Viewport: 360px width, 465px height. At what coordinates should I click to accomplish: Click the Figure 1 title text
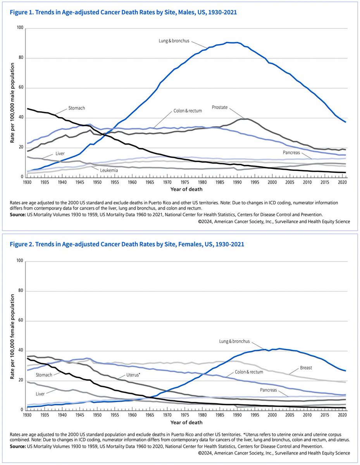(124, 13)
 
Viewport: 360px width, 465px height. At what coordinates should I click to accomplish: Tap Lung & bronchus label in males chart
(174, 40)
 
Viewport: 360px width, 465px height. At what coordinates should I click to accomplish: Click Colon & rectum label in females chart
(249, 372)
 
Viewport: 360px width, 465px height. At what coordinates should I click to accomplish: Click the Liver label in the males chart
(60, 153)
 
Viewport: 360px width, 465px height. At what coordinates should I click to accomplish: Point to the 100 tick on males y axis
(20, 29)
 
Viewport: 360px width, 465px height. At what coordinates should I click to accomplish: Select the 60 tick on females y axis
(21, 321)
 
